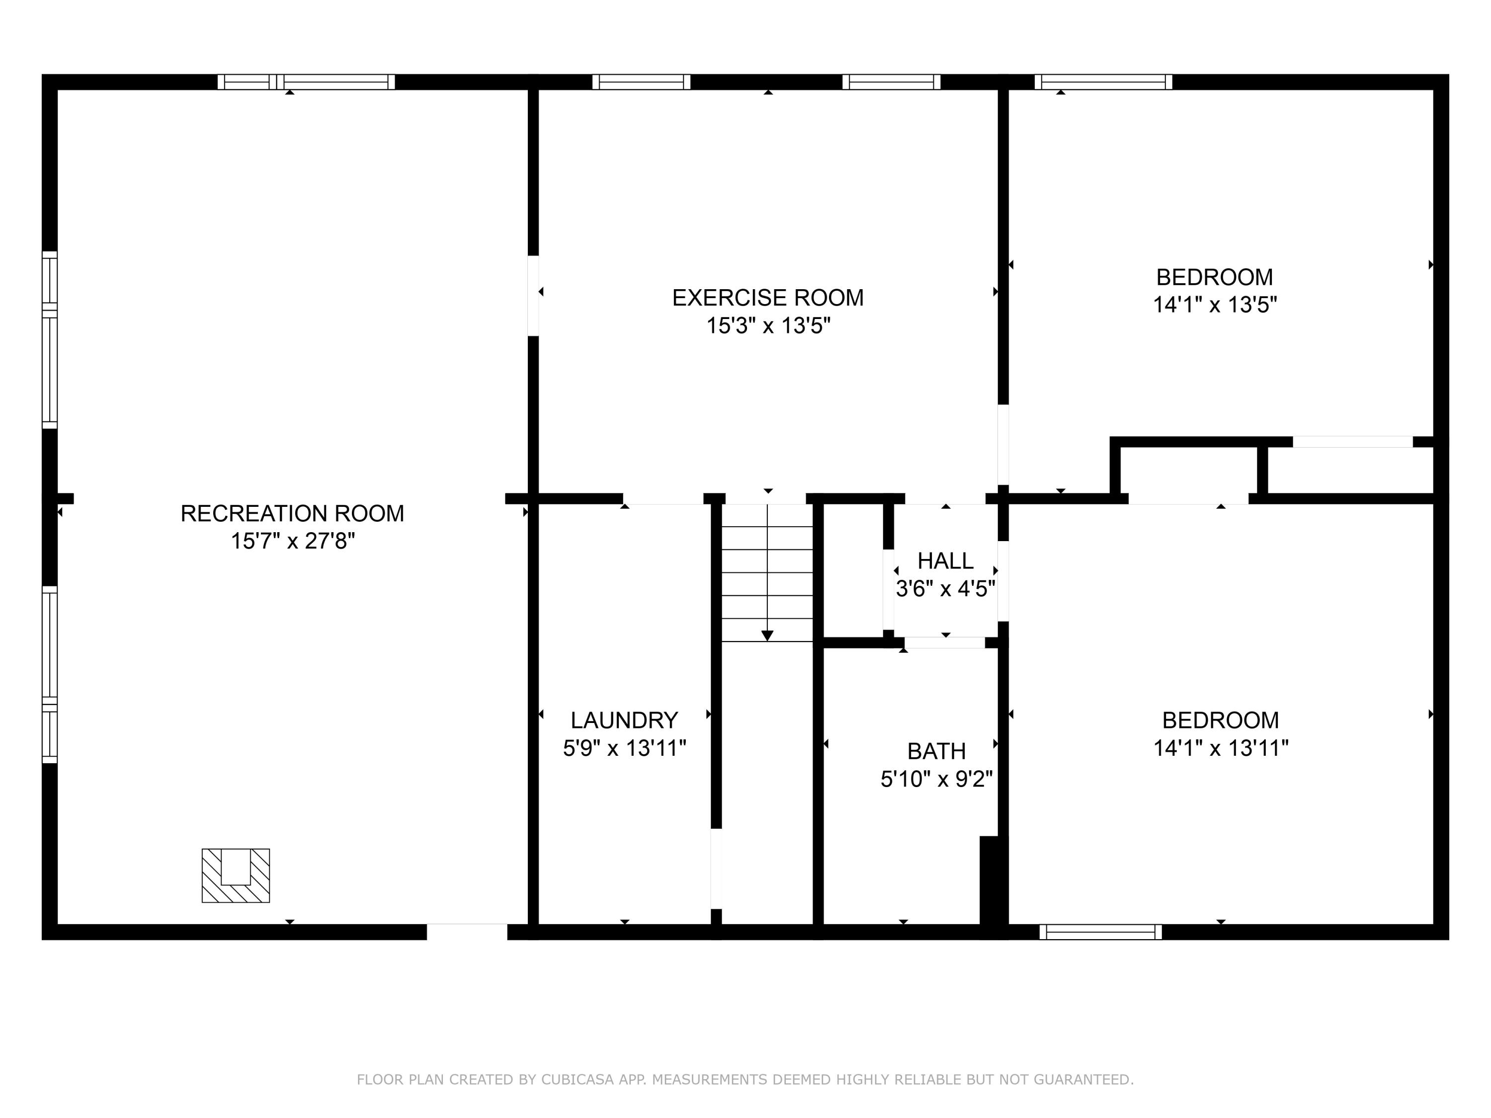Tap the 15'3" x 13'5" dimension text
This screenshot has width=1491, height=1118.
(x=768, y=326)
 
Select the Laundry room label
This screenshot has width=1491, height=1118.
(x=624, y=720)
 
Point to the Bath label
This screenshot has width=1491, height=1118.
(x=936, y=751)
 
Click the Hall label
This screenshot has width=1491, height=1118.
(x=945, y=560)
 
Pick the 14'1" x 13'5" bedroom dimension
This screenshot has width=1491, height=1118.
(x=1215, y=305)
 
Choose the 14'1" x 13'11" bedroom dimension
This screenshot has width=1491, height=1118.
(x=1221, y=748)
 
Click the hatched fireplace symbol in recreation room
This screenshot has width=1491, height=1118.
(x=236, y=876)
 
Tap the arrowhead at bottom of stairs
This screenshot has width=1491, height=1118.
(x=767, y=636)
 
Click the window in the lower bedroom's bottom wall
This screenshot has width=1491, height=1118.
(x=1101, y=932)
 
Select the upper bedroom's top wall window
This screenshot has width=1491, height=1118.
(x=1103, y=82)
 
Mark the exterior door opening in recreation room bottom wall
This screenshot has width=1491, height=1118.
(x=467, y=932)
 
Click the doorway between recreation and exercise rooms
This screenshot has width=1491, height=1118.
(x=533, y=295)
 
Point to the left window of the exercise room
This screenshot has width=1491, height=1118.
(x=641, y=82)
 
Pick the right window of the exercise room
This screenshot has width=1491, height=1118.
(x=891, y=82)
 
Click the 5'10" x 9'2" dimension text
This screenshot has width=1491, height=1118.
(x=936, y=780)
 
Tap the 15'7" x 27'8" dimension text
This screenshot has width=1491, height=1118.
(x=293, y=541)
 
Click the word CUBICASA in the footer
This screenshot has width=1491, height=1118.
(x=578, y=1080)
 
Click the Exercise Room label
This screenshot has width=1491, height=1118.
(x=768, y=298)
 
